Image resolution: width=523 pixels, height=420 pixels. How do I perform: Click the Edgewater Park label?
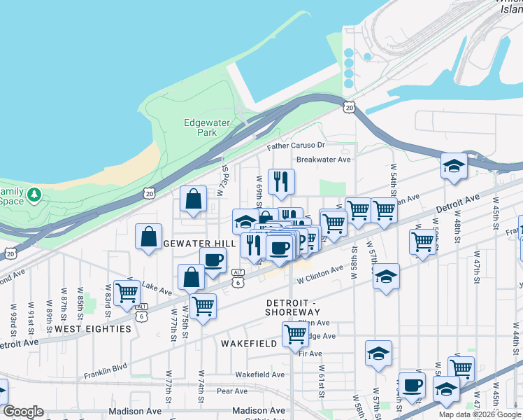[x=206, y=127]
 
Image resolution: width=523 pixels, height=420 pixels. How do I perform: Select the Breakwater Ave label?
[x=323, y=159]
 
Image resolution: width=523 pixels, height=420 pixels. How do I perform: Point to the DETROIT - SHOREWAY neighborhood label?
[x=292, y=307]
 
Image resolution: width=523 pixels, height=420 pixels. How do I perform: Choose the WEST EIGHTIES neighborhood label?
[x=93, y=328]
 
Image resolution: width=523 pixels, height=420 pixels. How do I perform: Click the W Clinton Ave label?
[x=320, y=272]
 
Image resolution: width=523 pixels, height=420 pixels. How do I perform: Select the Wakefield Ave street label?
[x=259, y=374]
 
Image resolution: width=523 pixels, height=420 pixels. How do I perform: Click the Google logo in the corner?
[x=23, y=412]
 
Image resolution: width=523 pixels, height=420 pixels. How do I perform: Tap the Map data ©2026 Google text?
[x=480, y=414]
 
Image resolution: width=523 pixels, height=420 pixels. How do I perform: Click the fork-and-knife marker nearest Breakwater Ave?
[x=281, y=181]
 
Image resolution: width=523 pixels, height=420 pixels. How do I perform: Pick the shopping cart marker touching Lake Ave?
[x=127, y=292]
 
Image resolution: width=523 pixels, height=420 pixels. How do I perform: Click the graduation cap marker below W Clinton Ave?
[x=385, y=276]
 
